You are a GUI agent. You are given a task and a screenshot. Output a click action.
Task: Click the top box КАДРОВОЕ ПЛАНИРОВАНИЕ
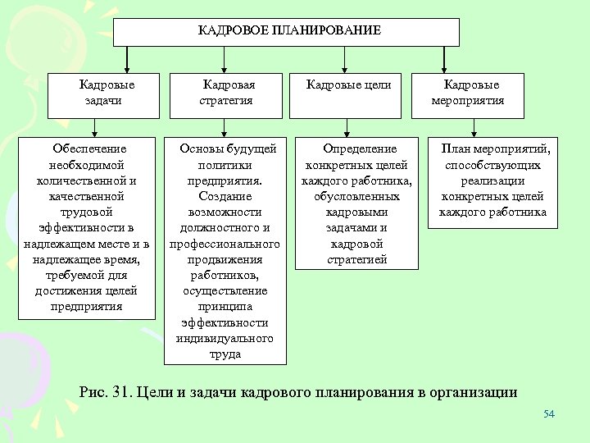[x=286, y=31]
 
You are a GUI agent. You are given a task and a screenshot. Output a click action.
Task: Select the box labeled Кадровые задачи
[x=107, y=93]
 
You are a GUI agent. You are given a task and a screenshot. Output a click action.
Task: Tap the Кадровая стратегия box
[x=227, y=93]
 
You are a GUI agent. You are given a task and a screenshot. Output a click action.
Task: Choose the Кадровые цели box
[x=348, y=84]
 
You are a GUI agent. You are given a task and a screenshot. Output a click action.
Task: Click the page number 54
[x=549, y=413]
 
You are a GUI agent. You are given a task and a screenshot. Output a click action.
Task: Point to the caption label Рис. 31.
[x=103, y=392]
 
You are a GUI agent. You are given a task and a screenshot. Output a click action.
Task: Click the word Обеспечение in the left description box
[x=89, y=149]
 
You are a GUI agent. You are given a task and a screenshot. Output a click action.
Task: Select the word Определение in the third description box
[x=360, y=149]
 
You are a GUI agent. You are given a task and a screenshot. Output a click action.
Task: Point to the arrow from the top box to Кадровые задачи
[x=127, y=59]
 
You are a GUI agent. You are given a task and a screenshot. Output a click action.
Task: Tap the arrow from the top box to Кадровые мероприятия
[x=443, y=59]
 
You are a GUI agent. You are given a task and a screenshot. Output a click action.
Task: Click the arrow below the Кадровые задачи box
[x=95, y=126]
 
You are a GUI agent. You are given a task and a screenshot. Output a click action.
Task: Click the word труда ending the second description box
[x=225, y=354]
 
